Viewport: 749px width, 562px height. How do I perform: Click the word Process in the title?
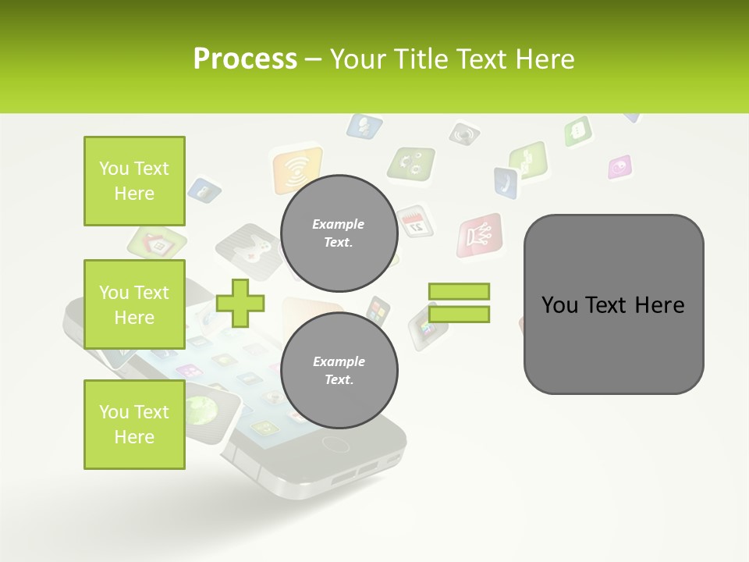(245, 59)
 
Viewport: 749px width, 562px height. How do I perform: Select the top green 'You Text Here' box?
(134, 181)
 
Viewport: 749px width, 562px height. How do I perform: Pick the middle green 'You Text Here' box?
(134, 304)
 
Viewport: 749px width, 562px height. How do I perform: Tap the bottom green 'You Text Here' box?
(134, 425)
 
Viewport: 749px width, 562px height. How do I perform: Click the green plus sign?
(240, 303)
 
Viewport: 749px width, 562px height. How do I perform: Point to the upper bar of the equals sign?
(459, 292)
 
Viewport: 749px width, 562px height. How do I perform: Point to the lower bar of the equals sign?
(459, 314)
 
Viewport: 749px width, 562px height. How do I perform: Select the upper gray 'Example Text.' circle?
(339, 233)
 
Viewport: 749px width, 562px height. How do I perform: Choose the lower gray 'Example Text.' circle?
(339, 370)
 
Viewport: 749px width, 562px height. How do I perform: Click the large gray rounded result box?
(613, 304)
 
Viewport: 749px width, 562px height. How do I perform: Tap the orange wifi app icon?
(296, 170)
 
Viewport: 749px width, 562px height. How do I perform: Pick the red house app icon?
(158, 244)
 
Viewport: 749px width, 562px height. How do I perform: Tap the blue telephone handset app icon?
(506, 183)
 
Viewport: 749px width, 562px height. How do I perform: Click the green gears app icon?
(411, 163)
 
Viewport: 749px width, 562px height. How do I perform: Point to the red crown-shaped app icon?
(479, 235)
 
